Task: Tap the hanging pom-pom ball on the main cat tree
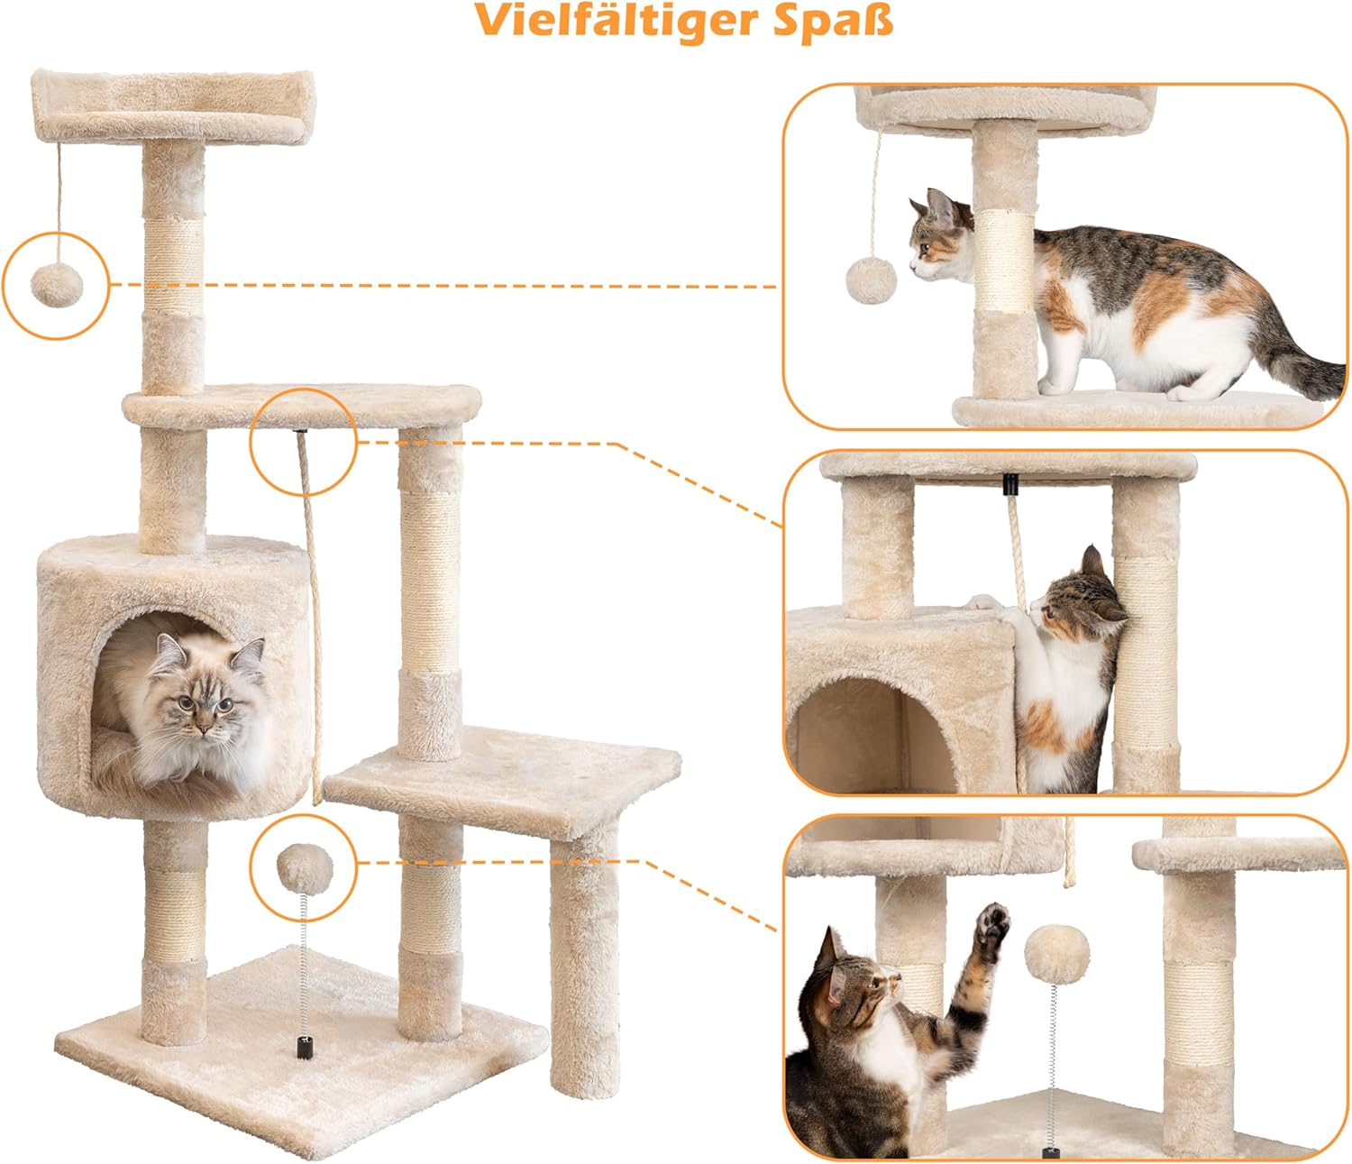point(57,285)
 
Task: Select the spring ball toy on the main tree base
point(305,868)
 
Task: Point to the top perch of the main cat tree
point(173,106)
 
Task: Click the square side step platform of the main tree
point(502,781)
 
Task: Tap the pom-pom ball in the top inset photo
point(872,280)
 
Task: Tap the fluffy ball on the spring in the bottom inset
point(1057,953)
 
